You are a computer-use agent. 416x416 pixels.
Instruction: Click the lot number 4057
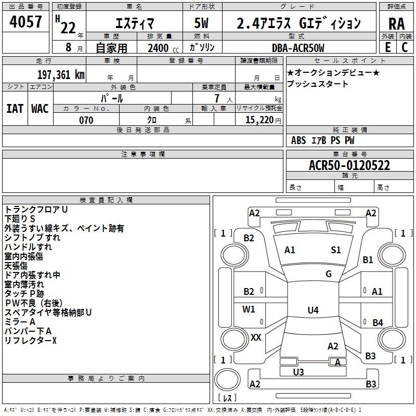pos(25,22)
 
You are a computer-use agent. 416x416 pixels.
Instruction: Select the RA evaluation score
pos(397,24)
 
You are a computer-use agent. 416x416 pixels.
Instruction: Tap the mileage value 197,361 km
pos(61,75)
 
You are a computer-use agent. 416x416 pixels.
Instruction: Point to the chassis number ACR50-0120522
pos(349,165)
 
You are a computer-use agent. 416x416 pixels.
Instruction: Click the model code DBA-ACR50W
pos(298,48)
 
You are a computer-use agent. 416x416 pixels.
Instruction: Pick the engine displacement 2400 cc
pos(163,48)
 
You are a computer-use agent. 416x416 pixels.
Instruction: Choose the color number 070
pos(86,120)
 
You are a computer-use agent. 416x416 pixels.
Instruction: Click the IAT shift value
pos(15,109)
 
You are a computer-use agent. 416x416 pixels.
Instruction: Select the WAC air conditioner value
pos(40,109)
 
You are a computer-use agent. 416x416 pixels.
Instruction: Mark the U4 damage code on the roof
pos(313,310)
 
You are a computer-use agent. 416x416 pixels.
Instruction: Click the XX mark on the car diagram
pos(256,337)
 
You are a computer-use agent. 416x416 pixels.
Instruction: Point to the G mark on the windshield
pos(329,274)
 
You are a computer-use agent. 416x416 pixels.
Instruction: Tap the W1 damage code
pos(249,309)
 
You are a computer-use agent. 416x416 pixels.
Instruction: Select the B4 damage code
pos(378,322)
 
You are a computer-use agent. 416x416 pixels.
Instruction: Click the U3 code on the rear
pos(298,372)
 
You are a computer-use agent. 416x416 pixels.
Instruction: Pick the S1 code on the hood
pos(335,250)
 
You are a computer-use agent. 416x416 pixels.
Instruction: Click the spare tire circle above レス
pos(227,380)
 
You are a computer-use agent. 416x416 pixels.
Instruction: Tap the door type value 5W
pos(201,23)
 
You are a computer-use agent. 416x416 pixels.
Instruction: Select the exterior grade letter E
pos(388,47)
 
